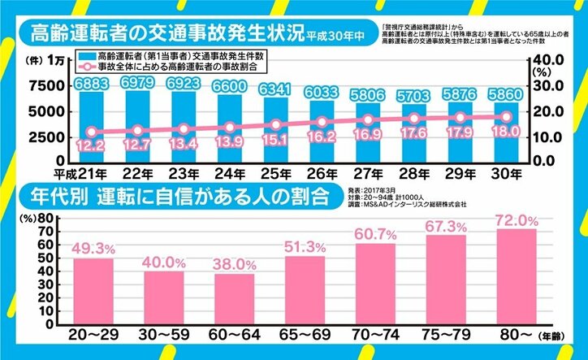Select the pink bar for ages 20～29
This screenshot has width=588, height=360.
(94, 288)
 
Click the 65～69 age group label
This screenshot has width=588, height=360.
(302, 333)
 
